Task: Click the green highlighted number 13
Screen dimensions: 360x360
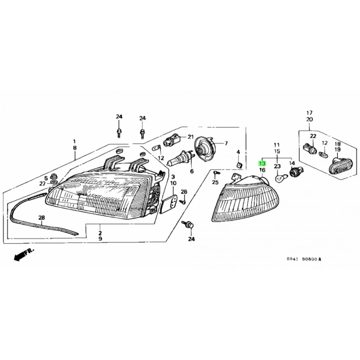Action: [262, 164]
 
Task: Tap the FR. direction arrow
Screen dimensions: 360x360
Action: [24, 254]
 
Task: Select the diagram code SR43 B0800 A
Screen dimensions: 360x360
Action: [304, 259]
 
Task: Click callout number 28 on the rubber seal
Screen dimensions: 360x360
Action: [42, 218]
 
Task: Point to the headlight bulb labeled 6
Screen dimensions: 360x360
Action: [181, 158]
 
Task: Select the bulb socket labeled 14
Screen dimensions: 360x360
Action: [296, 172]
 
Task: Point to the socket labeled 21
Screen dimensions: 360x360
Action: [171, 140]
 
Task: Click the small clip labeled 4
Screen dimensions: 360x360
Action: [239, 165]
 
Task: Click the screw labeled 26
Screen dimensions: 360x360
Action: [183, 202]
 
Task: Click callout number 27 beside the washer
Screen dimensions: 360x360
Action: [42, 184]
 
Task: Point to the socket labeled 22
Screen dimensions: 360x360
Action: [310, 149]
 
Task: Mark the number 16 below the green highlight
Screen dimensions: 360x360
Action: [262, 170]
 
